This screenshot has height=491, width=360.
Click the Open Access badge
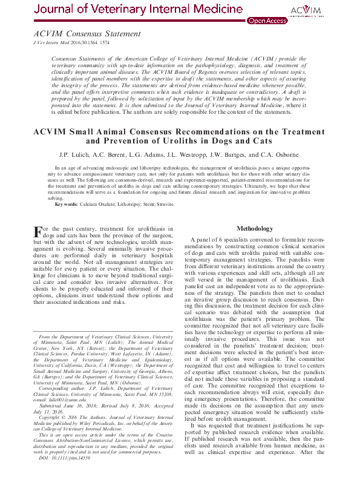click(x=267, y=21)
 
